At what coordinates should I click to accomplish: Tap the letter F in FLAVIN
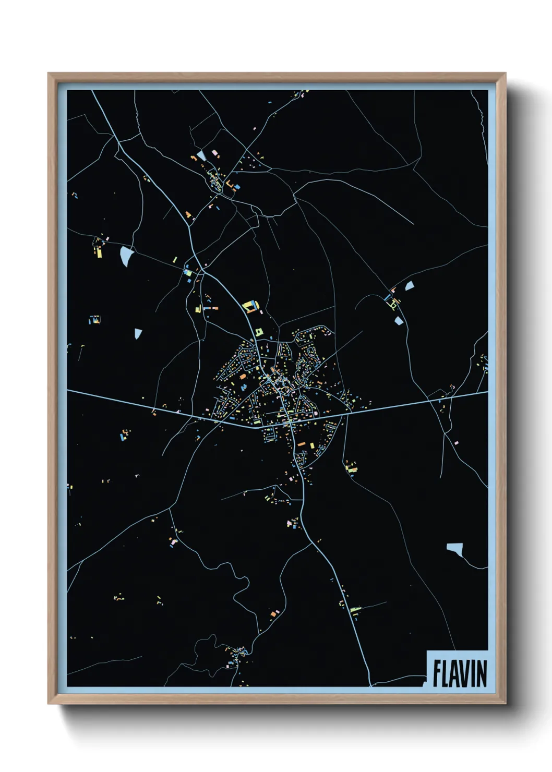tap(437, 673)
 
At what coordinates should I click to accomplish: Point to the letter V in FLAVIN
tap(464, 673)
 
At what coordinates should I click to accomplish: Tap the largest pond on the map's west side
tap(127, 256)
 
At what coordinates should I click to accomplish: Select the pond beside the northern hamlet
tap(201, 155)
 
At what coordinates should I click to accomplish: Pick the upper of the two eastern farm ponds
tap(409, 285)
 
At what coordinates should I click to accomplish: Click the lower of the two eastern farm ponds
tap(399, 320)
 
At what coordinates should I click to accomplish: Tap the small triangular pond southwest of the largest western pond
tap(138, 333)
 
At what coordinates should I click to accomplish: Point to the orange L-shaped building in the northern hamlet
tap(229, 185)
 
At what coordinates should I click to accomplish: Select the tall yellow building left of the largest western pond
tap(99, 252)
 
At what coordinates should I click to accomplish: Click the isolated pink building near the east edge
tap(457, 442)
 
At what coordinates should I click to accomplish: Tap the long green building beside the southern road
tap(356, 608)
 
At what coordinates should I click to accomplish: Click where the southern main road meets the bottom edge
tap(370, 685)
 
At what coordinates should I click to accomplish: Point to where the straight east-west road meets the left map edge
tap(68, 390)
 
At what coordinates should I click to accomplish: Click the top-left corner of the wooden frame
tap(49, 74)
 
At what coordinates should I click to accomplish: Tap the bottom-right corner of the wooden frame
tap(505, 704)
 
